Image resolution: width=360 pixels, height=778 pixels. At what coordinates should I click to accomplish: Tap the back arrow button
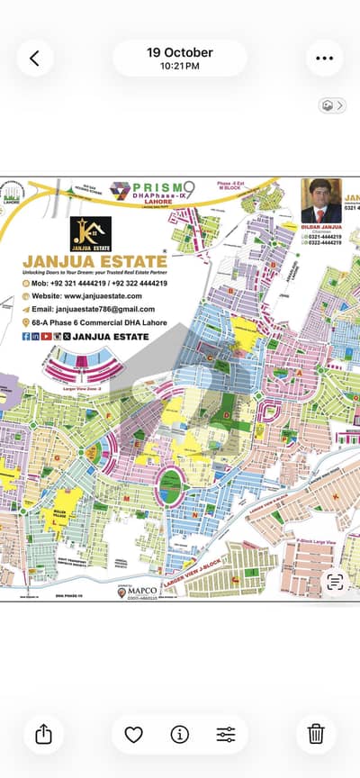pyautogui.click(x=34, y=59)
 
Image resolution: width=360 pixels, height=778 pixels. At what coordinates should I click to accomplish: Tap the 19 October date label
pyautogui.click(x=180, y=52)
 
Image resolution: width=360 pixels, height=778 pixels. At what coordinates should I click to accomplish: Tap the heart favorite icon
pyautogui.click(x=133, y=735)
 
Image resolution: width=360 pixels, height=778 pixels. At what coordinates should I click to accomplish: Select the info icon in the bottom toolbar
pyautogui.click(x=180, y=735)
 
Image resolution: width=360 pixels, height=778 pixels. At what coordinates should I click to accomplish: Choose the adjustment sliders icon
pyautogui.click(x=226, y=735)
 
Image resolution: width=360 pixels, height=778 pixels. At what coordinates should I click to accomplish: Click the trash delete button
pyautogui.click(x=316, y=735)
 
